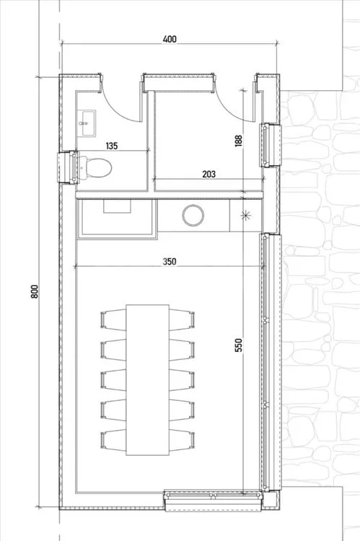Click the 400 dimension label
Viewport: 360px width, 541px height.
pyautogui.click(x=170, y=39)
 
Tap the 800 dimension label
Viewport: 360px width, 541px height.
pyautogui.click(x=35, y=291)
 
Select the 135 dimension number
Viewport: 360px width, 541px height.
pyautogui.click(x=112, y=146)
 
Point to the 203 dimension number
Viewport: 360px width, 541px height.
pyautogui.click(x=208, y=175)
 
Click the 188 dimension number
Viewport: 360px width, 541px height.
pyautogui.click(x=239, y=141)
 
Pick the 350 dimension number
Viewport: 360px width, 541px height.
pyautogui.click(x=170, y=262)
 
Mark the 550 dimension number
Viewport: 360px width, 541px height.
pyautogui.click(x=239, y=345)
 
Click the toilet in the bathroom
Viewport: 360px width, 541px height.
pyautogui.click(x=96, y=167)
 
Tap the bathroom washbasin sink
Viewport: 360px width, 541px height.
pyautogui.click(x=88, y=123)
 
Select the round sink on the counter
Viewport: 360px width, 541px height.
pyautogui.click(x=193, y=215)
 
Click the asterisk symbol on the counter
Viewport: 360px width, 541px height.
pyautogui.click(x=246, y=216)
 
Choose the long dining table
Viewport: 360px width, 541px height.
pyautogui.click(x=147, y=380)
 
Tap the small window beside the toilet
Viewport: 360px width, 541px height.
pyautogui.click(x=67, y=167)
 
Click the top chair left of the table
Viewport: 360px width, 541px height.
pyautogui.click(x=113, y=320)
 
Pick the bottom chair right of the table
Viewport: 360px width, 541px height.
pyautogui.click(x=182, y=440)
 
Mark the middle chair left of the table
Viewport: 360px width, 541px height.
pyautogui.click(x=113, y=380)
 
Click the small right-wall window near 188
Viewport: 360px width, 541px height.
pyautogui.click(x=271, y=145)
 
